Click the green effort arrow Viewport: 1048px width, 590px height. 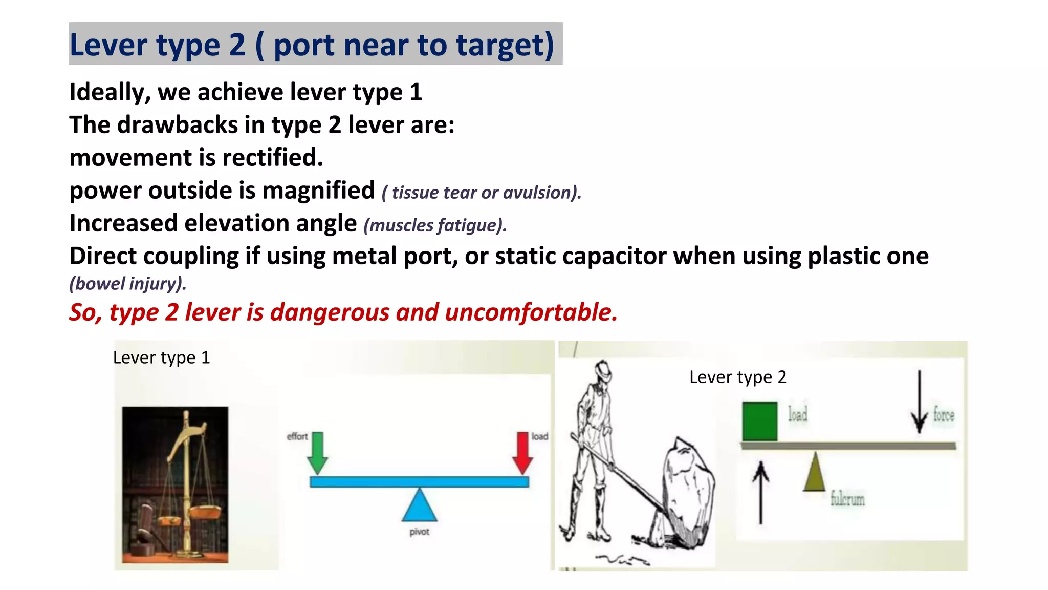pos(317,452)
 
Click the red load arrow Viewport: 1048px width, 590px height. pos(522,452)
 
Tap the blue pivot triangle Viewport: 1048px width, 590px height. pos(420,506)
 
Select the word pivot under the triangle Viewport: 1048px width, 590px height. pos(420,532)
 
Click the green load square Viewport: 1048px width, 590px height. pos(759,421)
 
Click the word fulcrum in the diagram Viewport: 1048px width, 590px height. pos(847,498)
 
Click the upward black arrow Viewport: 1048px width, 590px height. pos(760,492)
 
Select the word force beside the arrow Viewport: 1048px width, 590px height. pos(944,414)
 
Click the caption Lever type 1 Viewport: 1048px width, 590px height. pos(161,357)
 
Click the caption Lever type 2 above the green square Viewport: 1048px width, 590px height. pos(737,377)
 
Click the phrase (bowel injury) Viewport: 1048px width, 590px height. pos(128,284)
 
